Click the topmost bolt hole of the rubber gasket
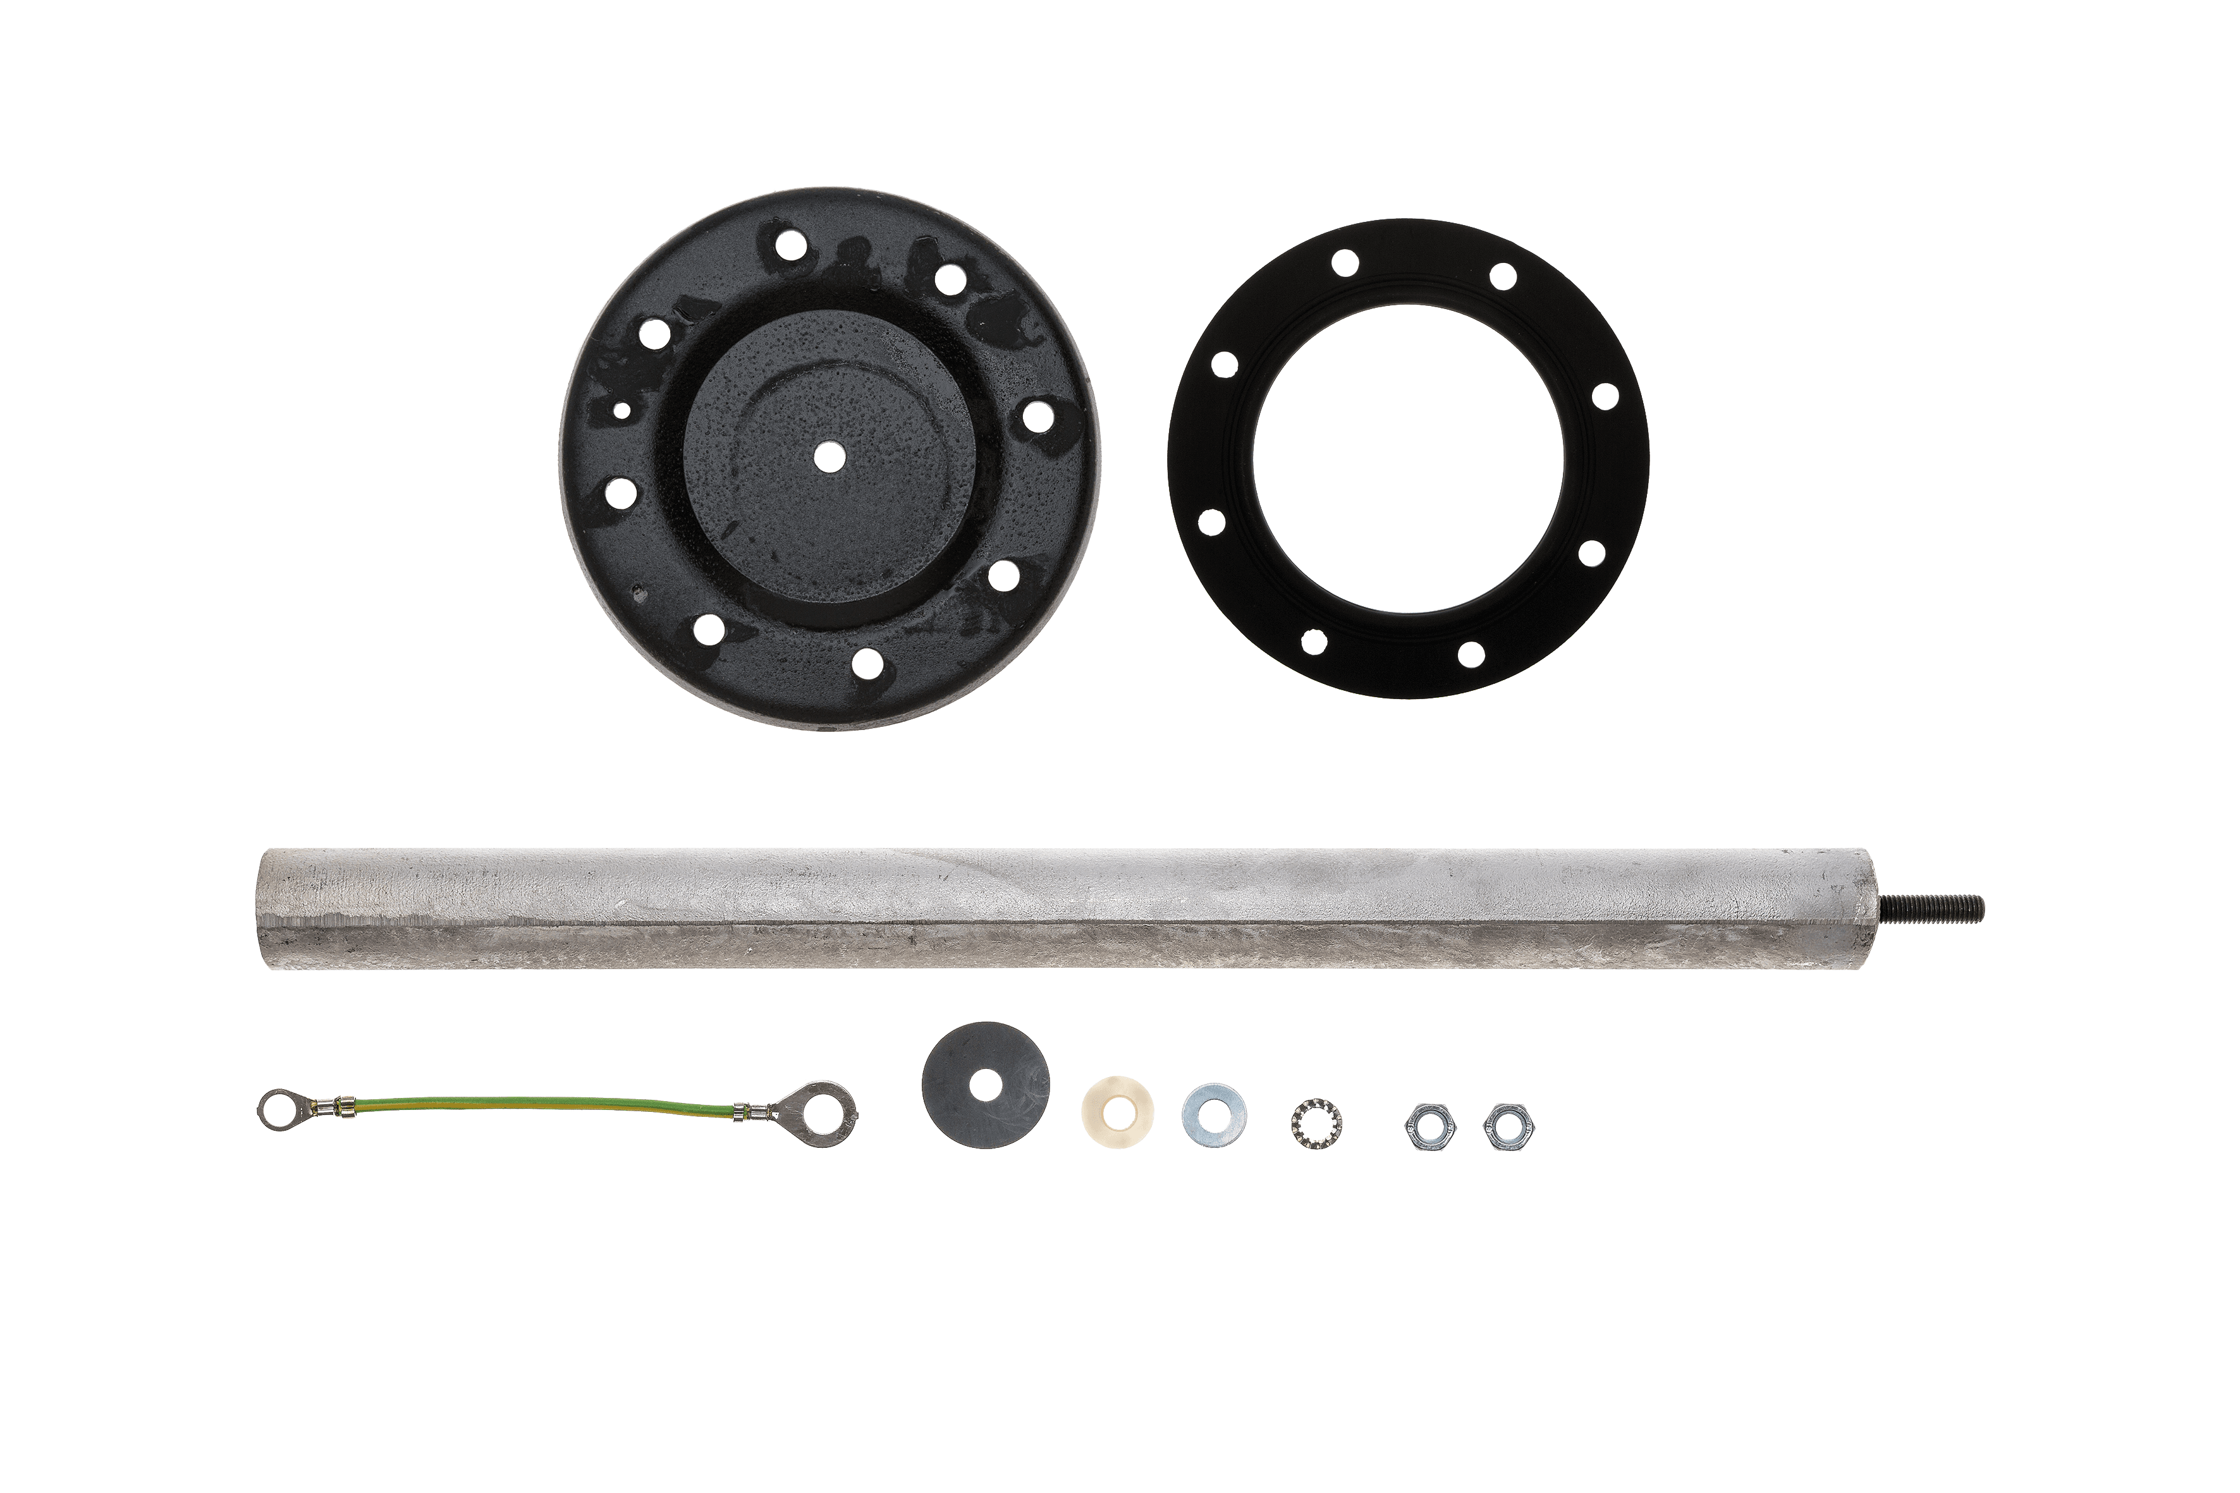tap(1345, 264)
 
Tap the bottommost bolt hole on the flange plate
tap(867, 664)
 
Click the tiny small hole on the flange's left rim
tap(620, 411)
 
